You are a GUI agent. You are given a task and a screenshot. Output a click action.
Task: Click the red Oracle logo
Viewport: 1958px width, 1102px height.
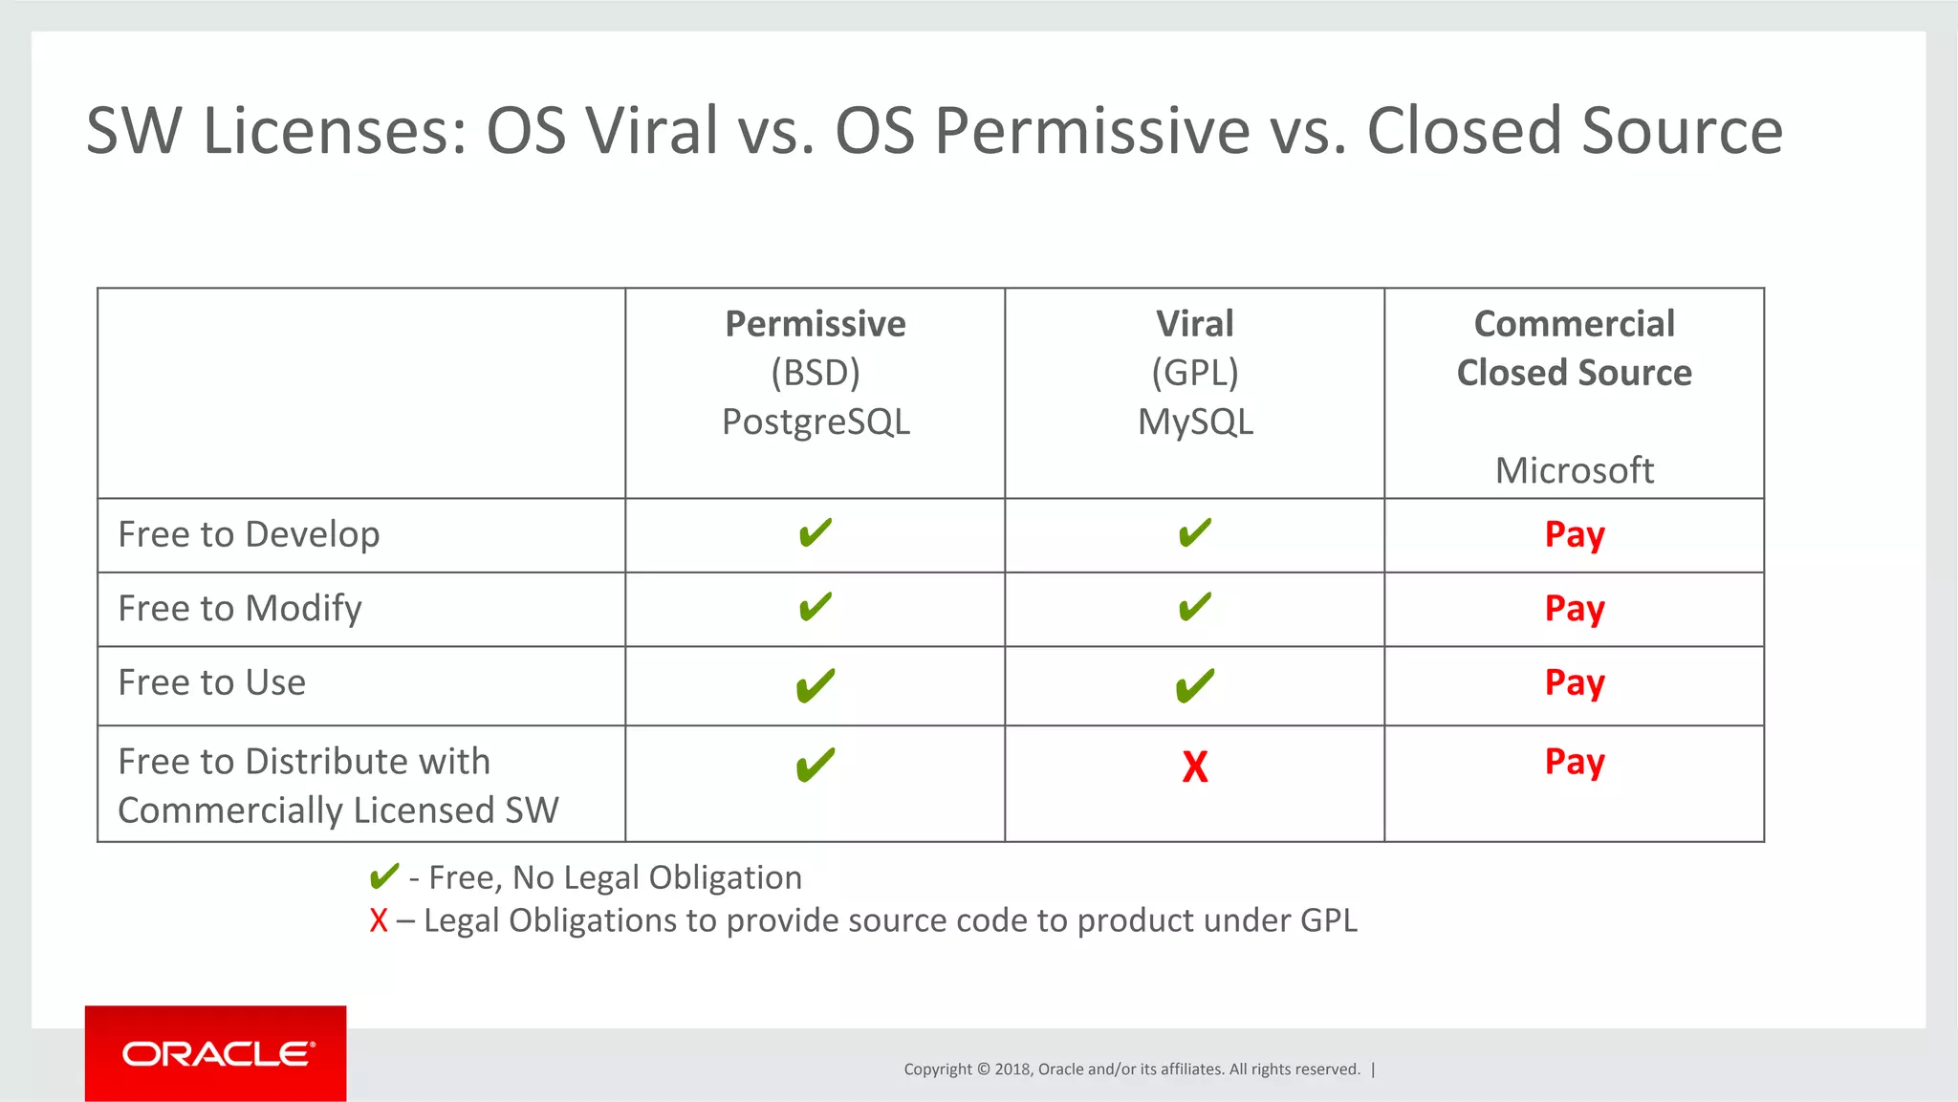(x=216, y=1053)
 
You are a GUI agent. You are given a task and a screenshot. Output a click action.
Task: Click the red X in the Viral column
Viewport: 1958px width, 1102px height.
(x=1194, y=767)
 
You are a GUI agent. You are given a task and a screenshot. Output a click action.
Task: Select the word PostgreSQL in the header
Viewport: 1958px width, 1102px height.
(x=816, y=421)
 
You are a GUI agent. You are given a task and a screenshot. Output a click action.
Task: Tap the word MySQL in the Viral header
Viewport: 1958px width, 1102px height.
(x=1195, y=421)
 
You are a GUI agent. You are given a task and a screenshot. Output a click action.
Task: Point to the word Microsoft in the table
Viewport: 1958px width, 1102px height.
(x=1574, y=470)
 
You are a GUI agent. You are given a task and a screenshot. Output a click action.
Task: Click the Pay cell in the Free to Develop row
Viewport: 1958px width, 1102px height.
(x=1574, y=534)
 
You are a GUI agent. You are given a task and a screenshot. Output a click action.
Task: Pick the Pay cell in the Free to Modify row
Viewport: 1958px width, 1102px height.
(x=1574, y=609)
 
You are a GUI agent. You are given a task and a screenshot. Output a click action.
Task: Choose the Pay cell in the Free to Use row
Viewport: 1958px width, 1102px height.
(x=1574, y=683)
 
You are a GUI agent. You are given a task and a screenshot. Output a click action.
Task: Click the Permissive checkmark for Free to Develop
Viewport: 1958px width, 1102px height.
(x=816, y=533)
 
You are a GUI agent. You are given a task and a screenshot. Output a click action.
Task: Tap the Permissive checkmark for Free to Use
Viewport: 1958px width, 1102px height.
(x=816, y=685)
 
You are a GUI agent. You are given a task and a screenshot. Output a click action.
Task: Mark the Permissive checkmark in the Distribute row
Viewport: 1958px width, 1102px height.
(x=816, y=765)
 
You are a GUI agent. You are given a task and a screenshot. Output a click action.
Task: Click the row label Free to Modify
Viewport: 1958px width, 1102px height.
(x=240, y=609)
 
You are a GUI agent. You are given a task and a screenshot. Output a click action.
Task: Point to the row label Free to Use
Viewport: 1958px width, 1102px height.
(x=211, y=682)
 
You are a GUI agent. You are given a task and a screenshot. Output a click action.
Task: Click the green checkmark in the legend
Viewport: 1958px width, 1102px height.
(x=383, y=876)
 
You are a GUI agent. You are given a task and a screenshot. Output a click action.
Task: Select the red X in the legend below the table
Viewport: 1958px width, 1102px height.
(x=379, y=920)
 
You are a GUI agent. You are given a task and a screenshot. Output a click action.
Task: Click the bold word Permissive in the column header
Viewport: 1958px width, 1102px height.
(x=816, y=324)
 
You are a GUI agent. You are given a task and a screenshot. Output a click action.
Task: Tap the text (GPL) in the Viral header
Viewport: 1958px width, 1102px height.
(x=1195, y=373)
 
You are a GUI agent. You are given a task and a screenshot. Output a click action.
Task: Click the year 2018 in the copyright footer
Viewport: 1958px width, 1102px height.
(x=1012, y=1069)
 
